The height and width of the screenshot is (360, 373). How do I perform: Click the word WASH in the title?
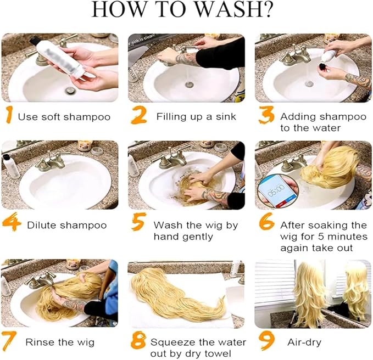[228, 9]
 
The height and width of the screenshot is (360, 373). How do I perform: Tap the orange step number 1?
[9, 115]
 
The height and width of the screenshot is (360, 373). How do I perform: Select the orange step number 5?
[138, 222]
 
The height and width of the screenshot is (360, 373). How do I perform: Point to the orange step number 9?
[267, 340]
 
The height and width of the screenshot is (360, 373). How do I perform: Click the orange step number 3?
[266, 115]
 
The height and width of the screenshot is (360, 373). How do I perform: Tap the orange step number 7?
[9, 341]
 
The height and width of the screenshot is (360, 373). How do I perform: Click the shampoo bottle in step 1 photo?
[59, 57]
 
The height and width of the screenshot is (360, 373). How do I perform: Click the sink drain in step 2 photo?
[190, 85]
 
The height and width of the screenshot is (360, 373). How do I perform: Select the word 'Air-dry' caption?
[304, 342]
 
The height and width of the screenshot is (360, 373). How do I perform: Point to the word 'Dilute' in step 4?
[41, 225]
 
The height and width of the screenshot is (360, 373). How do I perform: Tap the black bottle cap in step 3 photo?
[323, 66]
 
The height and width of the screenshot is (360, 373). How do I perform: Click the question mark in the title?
[268, 9]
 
